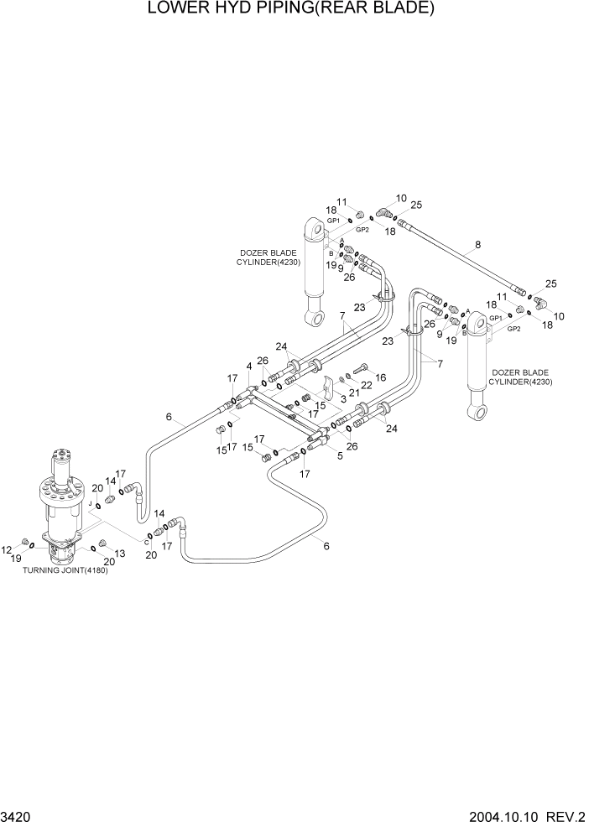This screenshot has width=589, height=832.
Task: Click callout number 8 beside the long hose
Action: (x=477, y=245)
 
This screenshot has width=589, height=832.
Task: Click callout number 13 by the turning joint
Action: (x=119, y=553)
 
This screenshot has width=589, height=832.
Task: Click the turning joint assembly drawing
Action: (x=63, y=503)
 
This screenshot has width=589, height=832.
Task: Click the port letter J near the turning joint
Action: (x=89, y=502)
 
